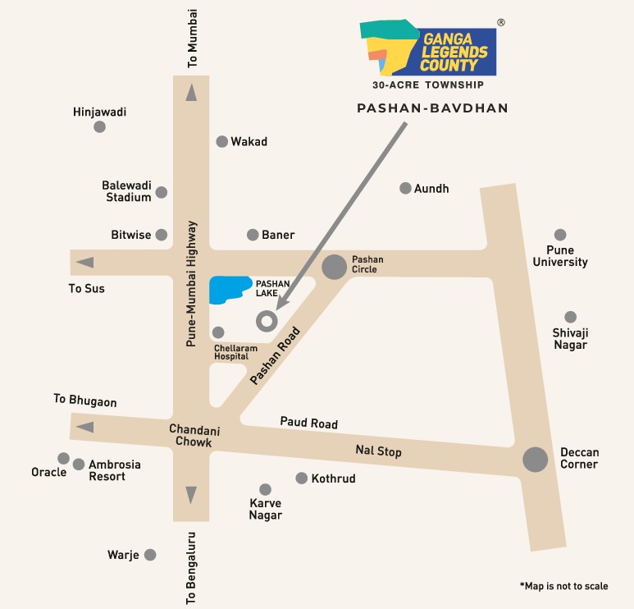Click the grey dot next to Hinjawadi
click(x=99, y=126)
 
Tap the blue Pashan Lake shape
click(x=229, y=290)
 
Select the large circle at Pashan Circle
click(x=334, y=267)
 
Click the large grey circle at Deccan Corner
click(x=536, y=460)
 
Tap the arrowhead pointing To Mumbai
click(x=191, y=93)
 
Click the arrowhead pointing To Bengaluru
click(x=191, y=495)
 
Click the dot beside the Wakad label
click(x=221, y=141)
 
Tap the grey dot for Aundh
click(x=405, y=188)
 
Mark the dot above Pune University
click(x=560, y=235)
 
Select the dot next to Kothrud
click(x=301, y=478)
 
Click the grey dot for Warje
click(x=150, y=555)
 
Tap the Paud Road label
click(x=308, y=423)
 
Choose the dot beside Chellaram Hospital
click(x=218, y=332)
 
